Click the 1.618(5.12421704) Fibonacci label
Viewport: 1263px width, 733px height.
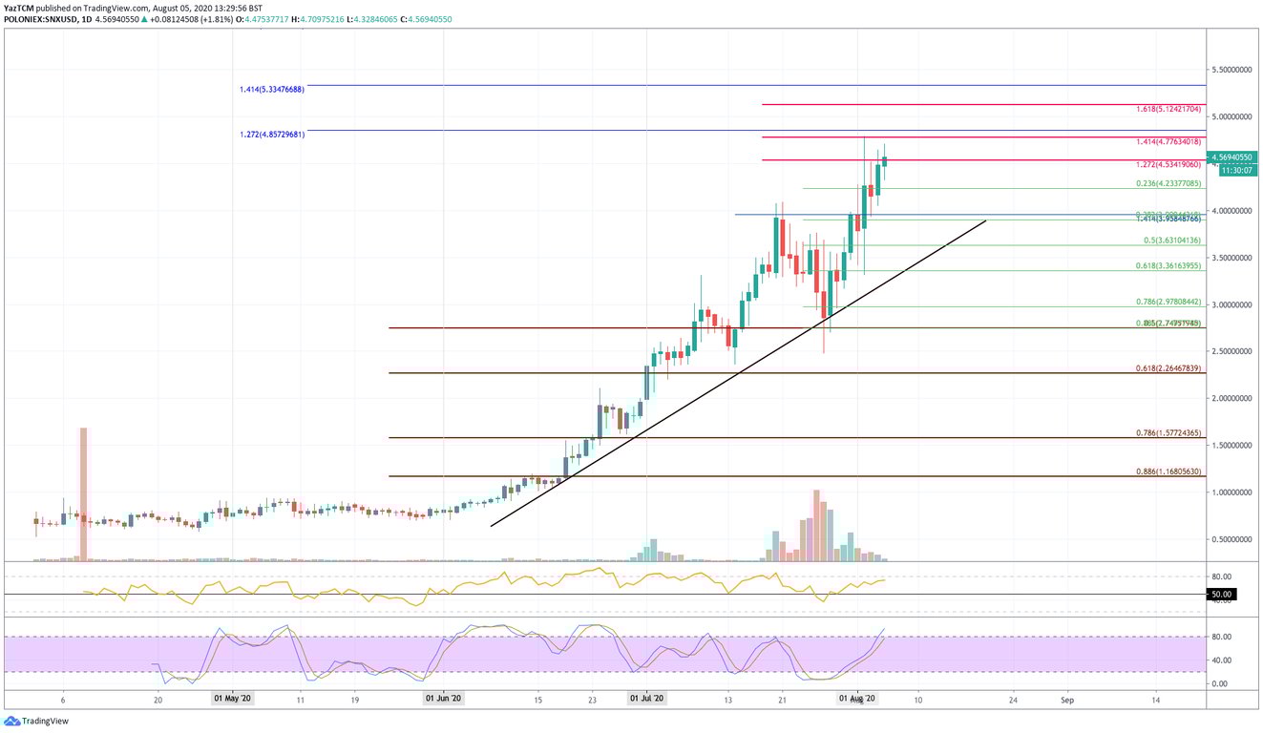pos(1168,110)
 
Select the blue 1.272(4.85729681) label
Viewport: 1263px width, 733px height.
pos(272,135)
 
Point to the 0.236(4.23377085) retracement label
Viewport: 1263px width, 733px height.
pos(1168,183)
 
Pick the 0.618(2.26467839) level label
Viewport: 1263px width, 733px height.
pos(1168,368)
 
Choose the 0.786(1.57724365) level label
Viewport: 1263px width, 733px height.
pos(1168,433)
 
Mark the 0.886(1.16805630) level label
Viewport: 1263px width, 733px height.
pos(1168,471)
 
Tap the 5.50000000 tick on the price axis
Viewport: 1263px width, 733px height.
pos(1233,71)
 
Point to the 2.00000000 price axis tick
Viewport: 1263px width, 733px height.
pos(1233,399)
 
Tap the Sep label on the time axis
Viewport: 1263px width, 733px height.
pos(1067,699)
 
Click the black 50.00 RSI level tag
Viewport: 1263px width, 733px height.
pos(1221,595)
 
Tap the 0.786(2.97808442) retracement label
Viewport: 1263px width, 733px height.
pos(1168,302)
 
